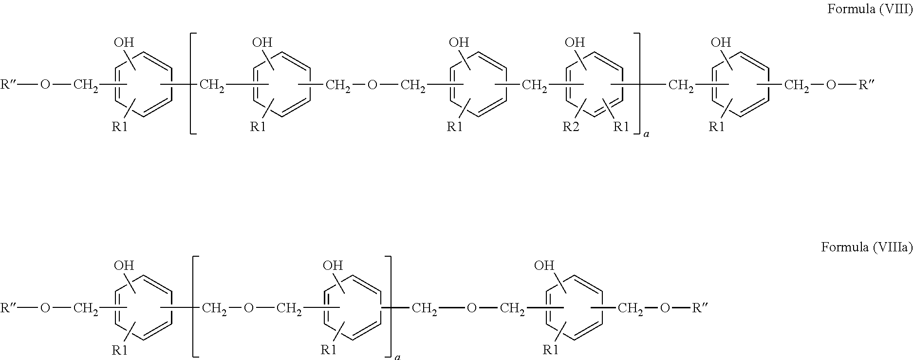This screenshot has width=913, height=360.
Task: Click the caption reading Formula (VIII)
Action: pos(870,9)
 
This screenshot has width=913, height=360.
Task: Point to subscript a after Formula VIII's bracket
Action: pos(646,133)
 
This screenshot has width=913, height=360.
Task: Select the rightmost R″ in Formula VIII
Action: pos(866,85)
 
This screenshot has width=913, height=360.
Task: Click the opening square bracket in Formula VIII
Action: pos(192,83)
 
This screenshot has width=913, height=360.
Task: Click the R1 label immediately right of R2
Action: pos(620,128)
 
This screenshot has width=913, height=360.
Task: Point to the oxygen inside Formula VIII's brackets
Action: pos(372,86)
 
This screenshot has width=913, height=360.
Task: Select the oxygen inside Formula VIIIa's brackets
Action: pos(248,308)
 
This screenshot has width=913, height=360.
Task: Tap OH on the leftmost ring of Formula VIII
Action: pos(124,42)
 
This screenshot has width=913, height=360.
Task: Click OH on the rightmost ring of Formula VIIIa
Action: pos(544,265)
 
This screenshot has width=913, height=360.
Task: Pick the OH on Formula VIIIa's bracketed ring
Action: pos(333,265)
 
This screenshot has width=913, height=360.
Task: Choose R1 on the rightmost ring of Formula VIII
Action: pos(716,128)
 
